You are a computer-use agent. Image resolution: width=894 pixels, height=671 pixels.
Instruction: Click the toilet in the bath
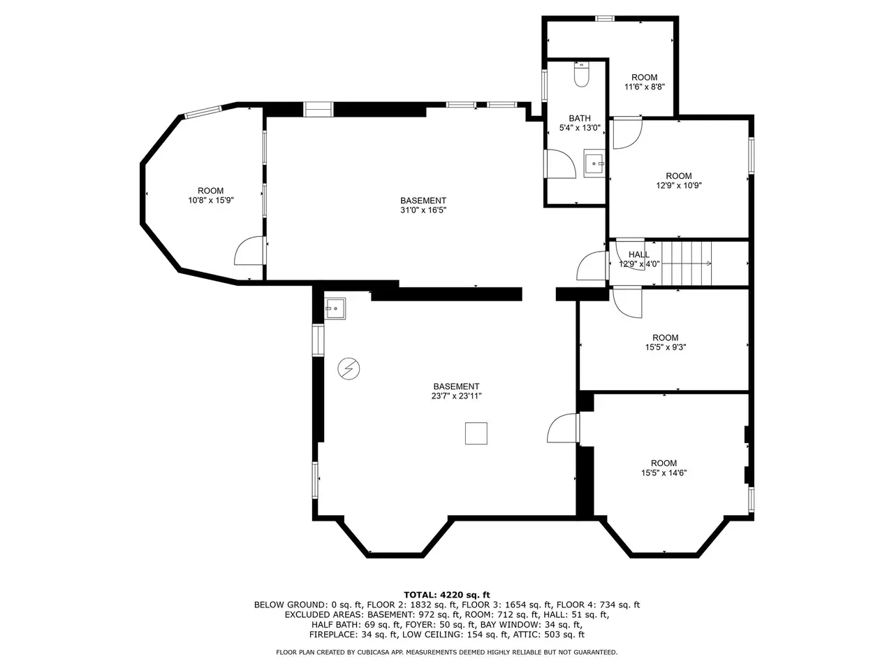[x=581, y=74]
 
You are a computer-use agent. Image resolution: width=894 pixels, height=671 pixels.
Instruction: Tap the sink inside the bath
[x=595, y=163]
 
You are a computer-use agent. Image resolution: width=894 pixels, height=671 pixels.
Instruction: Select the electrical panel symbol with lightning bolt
[x=349, y=369]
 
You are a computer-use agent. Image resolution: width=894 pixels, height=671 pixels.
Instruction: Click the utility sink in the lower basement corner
[x=335, y=308]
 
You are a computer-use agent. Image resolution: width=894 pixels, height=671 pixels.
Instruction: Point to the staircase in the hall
[x=687, y=264]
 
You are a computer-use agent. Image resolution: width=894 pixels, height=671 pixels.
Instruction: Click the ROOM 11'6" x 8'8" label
[x=645, y=82]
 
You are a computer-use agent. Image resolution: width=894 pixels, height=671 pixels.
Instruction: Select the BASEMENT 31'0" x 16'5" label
[x=423, y=205]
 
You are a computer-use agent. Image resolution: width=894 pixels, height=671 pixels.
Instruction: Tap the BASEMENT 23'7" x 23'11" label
[x=456, y=391]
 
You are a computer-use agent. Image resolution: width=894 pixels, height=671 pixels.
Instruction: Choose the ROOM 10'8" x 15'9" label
[x=210, y=196]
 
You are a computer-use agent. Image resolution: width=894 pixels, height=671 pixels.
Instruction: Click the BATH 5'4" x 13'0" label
[x=580, y=123]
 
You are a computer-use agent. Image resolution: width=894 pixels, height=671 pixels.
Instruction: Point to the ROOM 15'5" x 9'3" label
[x=666, y=342]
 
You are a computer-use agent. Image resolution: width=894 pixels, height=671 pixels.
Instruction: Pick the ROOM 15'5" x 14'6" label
[x=664, y=468]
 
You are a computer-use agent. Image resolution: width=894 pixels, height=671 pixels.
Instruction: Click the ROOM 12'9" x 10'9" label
[x=679, y=180]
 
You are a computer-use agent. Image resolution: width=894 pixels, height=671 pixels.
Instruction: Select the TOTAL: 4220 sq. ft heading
[x=447, y=595]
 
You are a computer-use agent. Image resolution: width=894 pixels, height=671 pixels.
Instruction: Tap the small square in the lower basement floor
[x=476, y=433]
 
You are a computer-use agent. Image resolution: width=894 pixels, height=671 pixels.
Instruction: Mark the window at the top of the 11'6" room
[x=605, y=18]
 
